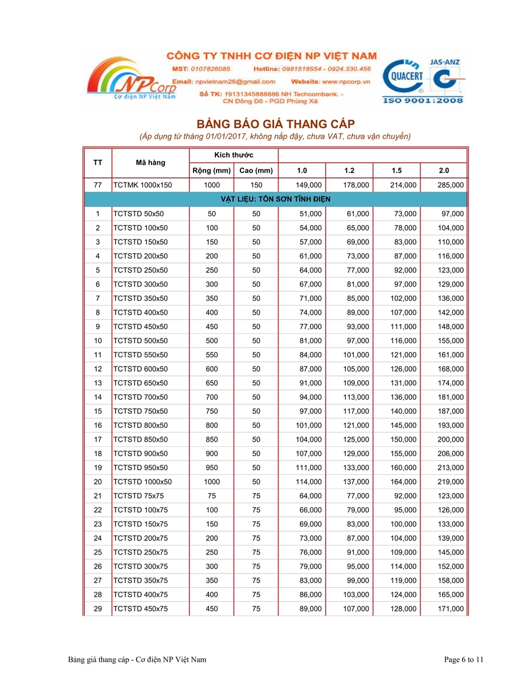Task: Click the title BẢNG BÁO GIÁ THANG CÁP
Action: (x=275, y=124)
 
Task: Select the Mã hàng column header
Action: (x=150, y=162)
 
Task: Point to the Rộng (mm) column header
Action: (x=211, y=170)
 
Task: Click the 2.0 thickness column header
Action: (x=444, y=170)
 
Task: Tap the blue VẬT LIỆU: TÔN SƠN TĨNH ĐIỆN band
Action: (x=275, y=199)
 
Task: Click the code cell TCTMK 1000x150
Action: (x=142, y=185)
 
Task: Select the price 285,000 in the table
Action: (x=451, y=185)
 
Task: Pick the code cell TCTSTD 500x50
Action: (x=141, y=341)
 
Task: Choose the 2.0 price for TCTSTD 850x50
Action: (x=451, y=439)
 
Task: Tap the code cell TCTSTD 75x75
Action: (x=138, y=496)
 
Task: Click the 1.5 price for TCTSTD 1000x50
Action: (x=404, y=482)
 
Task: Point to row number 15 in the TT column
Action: (x=98, y=411)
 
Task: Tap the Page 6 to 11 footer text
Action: (x=464, y=659)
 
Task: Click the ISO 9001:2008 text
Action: (x=424, y=100)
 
